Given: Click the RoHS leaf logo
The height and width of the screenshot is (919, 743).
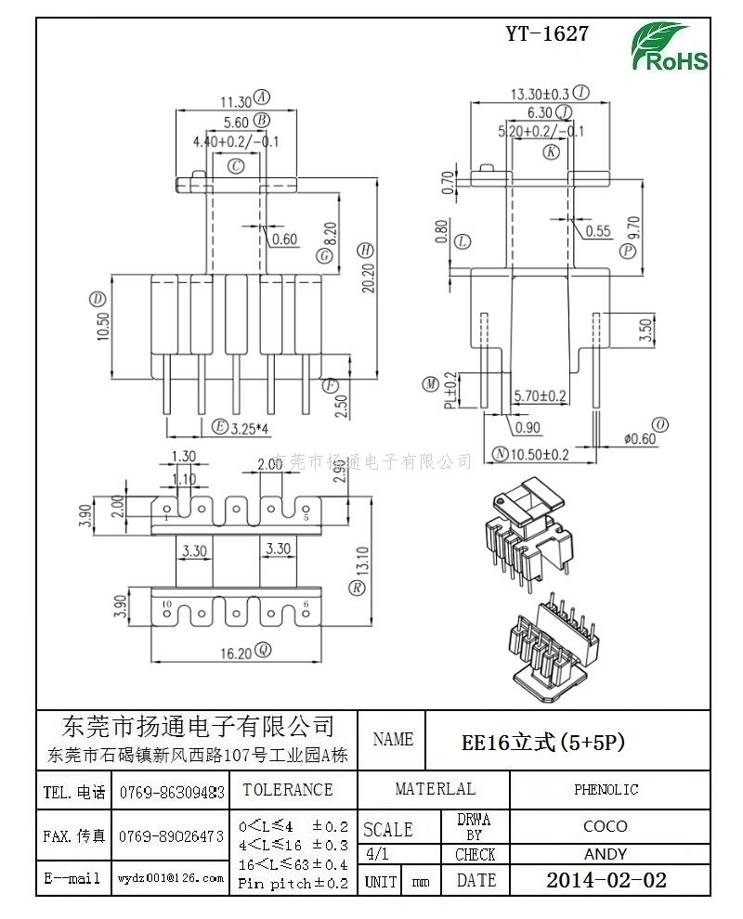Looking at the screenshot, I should pyautogui.click(x=669, y=47).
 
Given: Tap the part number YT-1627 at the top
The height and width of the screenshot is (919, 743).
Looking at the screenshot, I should pyautogui.click(x=547, y=34).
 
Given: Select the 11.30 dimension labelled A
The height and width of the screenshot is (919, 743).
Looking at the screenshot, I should pyautogui.click(x=235, y=101).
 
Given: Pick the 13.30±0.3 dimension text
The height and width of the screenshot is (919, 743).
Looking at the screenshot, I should pyautogui.click(x=540, y=94).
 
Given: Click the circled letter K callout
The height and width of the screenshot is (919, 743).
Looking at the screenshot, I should pyautogui.click(x=552, y=151).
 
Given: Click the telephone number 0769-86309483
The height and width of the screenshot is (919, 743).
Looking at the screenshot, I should pyautogui.click(x=171, y=792).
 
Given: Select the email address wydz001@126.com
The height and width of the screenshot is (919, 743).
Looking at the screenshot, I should pyautogui.click(x=171, y=877).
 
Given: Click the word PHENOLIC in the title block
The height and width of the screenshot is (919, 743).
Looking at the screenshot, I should pyautogui.click(x=606, y=790).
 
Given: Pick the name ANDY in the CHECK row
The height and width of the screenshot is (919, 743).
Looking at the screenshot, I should pyautogui.click(x=606, y=854).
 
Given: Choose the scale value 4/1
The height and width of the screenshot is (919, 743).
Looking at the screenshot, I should pyautogui.click(x=378, y=854).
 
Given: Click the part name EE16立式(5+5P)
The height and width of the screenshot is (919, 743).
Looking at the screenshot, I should pyautogui.click(x=543, y=743).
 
